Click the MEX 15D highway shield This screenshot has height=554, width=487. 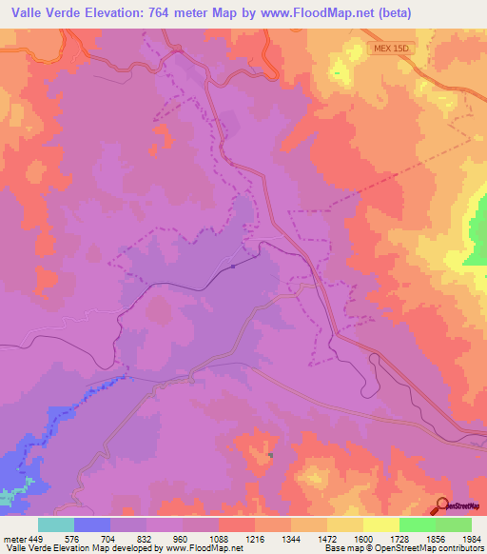coord(391,48)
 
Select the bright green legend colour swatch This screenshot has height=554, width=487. coord(418,525)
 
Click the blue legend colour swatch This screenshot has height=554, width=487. coord(92,525)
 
